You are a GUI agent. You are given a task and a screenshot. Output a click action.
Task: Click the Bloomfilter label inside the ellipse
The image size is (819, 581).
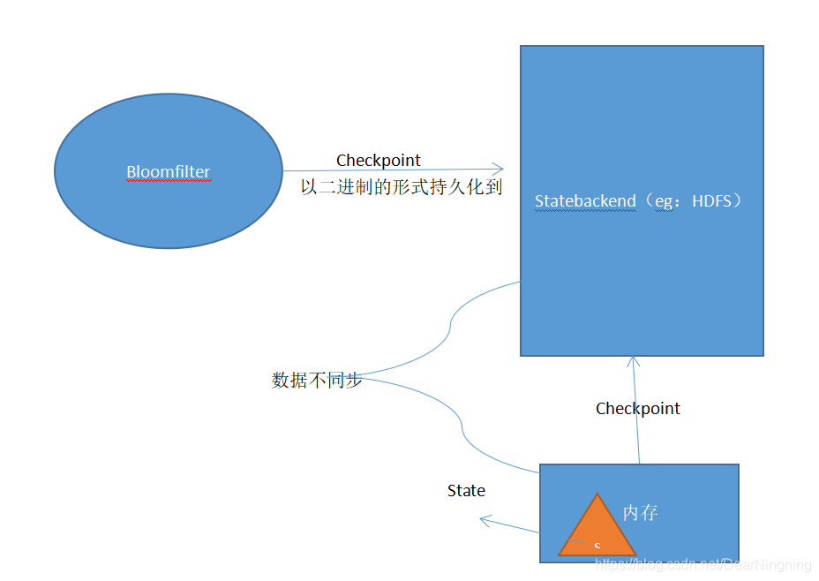tap(168, 171)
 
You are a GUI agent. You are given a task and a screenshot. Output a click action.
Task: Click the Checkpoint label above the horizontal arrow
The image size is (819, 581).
tap(378, 160)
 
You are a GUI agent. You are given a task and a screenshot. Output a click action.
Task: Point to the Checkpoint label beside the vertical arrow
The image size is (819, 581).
tap(637, 408)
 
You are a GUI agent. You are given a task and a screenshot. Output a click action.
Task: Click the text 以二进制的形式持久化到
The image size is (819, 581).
tap(401, 186)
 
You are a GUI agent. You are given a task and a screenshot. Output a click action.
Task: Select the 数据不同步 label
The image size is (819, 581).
tap(316, 381)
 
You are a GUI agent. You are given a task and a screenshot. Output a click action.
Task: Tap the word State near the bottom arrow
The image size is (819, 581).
tap(466, 490)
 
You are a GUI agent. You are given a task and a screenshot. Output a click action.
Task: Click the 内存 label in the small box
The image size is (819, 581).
tap(640, 512)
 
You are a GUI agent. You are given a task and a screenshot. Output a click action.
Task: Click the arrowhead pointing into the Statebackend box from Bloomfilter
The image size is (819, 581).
tap(499, 169)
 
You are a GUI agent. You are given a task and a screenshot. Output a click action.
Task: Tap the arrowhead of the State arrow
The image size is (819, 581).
tap(484, 520)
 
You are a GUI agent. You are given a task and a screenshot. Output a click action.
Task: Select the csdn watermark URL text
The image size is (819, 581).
tap(703, 564)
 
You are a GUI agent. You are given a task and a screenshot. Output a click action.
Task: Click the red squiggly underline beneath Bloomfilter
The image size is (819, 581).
tap(168, 181)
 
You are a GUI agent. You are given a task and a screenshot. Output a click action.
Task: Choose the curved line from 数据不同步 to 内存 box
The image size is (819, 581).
tap(462, 427)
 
